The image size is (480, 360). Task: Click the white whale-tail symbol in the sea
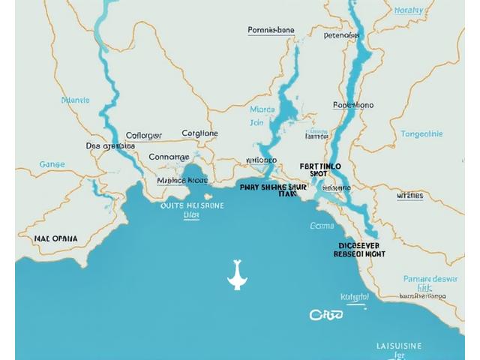pos(236,275)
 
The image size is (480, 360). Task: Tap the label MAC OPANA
pos(55,238)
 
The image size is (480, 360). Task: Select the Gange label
pos(52,163)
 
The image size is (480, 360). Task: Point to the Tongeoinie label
pos(421,134)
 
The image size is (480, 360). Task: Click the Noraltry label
pos(408,10)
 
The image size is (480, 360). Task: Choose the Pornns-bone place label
pos(271,31)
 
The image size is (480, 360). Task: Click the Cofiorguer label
pos(143,136)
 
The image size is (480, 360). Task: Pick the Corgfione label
pos(200,133)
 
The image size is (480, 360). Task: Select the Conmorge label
pos(169,157)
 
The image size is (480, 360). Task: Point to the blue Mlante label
pos(75,100)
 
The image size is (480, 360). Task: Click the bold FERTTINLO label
pos(320,166)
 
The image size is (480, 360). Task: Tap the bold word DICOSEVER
pos(358,245)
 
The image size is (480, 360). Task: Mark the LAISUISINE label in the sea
pos(399,346)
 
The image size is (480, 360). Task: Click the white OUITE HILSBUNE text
pos(192,204)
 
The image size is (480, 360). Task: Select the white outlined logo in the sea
pos(326,315)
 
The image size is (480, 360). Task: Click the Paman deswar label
pos(430,279)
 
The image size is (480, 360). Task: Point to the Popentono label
pos(353,106)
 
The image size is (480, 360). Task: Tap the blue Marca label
pos(262,109)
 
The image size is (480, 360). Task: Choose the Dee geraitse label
pos(110,145)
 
